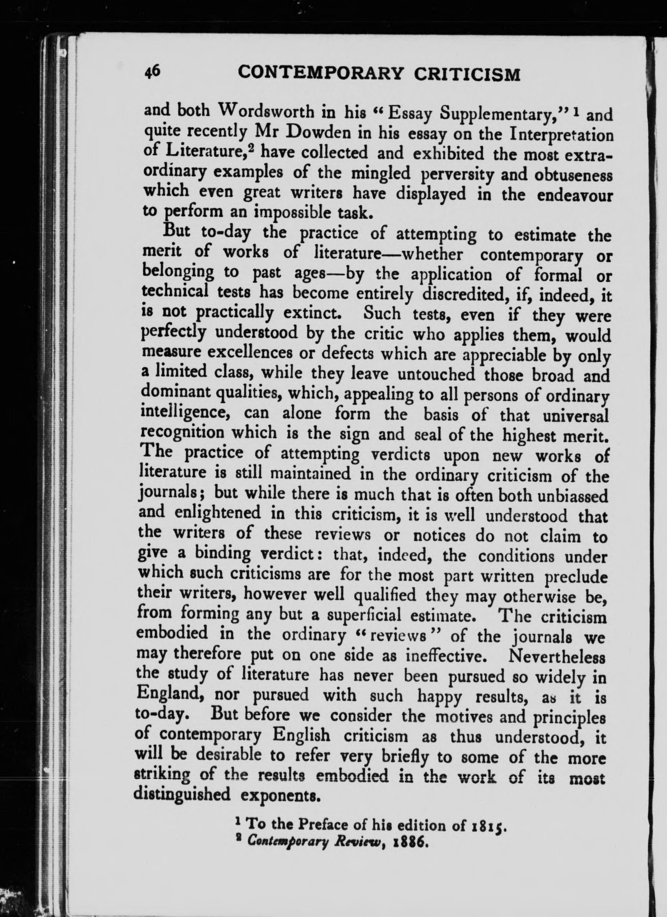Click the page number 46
(153, 72)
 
